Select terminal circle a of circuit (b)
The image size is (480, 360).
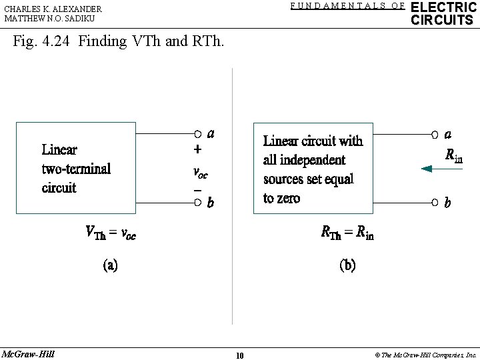pos(435,134)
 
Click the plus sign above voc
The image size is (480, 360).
pos(198,151)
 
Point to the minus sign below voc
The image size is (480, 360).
pos(197,189)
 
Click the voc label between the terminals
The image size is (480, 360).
pos(199,172)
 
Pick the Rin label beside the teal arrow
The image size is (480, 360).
pos(454,156)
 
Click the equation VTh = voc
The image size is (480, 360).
pos(111,233)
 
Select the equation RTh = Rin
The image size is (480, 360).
pos(347,233)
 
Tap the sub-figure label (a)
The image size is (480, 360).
pos(110,265)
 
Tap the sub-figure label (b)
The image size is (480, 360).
pos(347,265)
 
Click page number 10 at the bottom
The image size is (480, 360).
pos(239,355)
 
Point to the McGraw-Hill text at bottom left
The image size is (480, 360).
pos(28,353)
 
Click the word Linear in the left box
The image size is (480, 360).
pos(59,149)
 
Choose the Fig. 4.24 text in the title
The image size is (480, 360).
pos(41,41)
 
